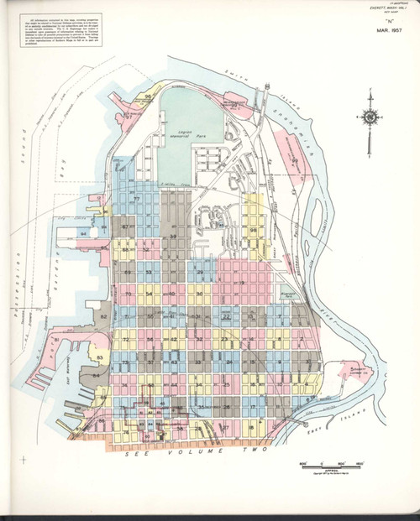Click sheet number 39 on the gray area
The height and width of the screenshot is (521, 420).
pos(173,238)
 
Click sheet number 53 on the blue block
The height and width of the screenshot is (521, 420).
pos(149,273)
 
